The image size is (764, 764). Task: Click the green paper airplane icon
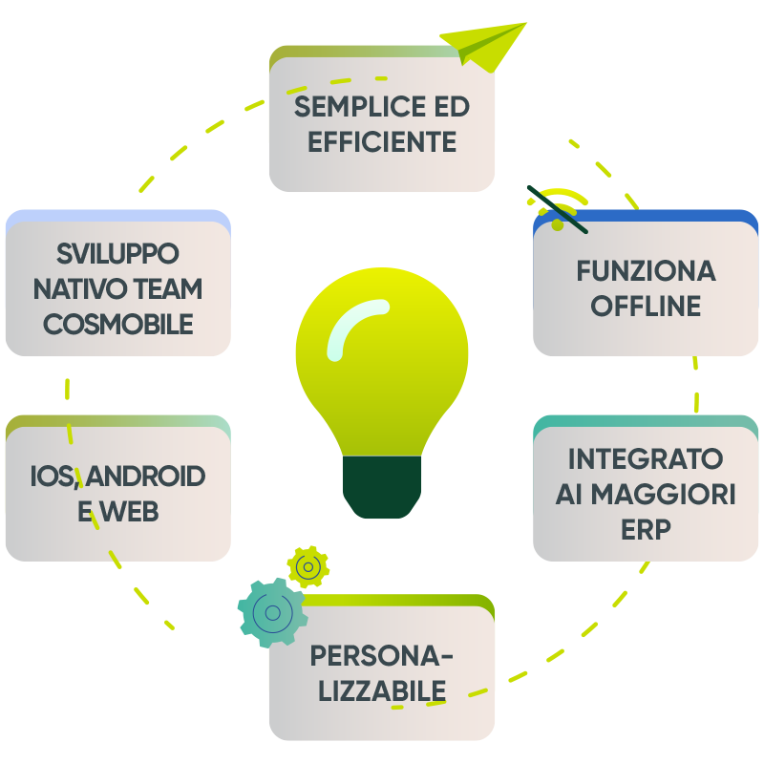click(x=483, y=47)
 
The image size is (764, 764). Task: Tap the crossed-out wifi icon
click(x=558, y=209)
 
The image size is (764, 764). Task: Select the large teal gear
click(x=273, y=612)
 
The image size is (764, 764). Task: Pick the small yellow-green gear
click(x=308, y=566)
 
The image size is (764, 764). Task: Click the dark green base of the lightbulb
click(x=382, y=487)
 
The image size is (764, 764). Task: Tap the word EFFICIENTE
click(x=382, y=141)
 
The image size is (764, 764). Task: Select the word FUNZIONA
click(x=647, y=271)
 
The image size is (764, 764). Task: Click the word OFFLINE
click(x=646, y=306)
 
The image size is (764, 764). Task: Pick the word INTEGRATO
click(x=646, y=458)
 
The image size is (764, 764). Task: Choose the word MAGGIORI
click(x=663, y=494)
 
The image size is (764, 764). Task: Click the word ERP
click(x=646, y=529)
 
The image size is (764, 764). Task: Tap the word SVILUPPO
click(x=117, y=253)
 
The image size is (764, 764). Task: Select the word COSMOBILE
click(x=117, y=324)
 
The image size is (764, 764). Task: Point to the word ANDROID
click(x=145, y=476)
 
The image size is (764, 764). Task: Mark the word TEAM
click(x=168, y=288)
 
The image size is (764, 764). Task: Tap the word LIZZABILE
click(x=382, y=690)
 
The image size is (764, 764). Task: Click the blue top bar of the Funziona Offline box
click(x=646, y=216)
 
